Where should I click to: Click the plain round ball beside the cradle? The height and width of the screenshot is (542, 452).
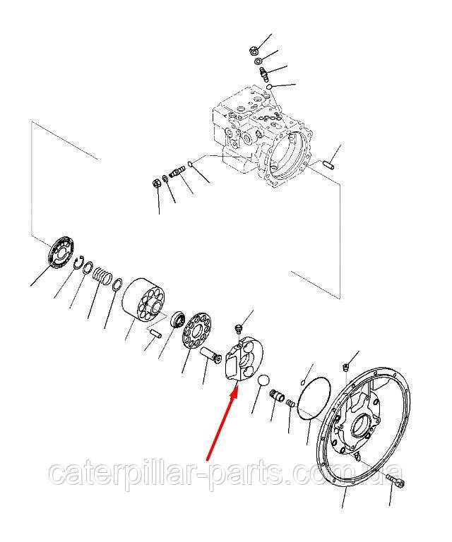tap(264, 380)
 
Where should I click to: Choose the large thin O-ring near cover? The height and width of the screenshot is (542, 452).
tap(314, 398)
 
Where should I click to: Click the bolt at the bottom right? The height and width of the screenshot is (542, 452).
tap(395, 481)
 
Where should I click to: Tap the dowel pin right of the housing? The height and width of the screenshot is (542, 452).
tap(329, 164)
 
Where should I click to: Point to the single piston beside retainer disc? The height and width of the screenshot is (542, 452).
tap(210, 355)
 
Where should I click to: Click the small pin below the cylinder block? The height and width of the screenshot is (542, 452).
tap(155, 334)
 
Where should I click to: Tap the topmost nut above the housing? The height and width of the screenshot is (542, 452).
tap(254, 51)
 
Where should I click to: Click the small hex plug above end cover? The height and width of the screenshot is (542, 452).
tap(345, 367)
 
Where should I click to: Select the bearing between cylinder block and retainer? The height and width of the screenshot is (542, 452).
tap(178, 319)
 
